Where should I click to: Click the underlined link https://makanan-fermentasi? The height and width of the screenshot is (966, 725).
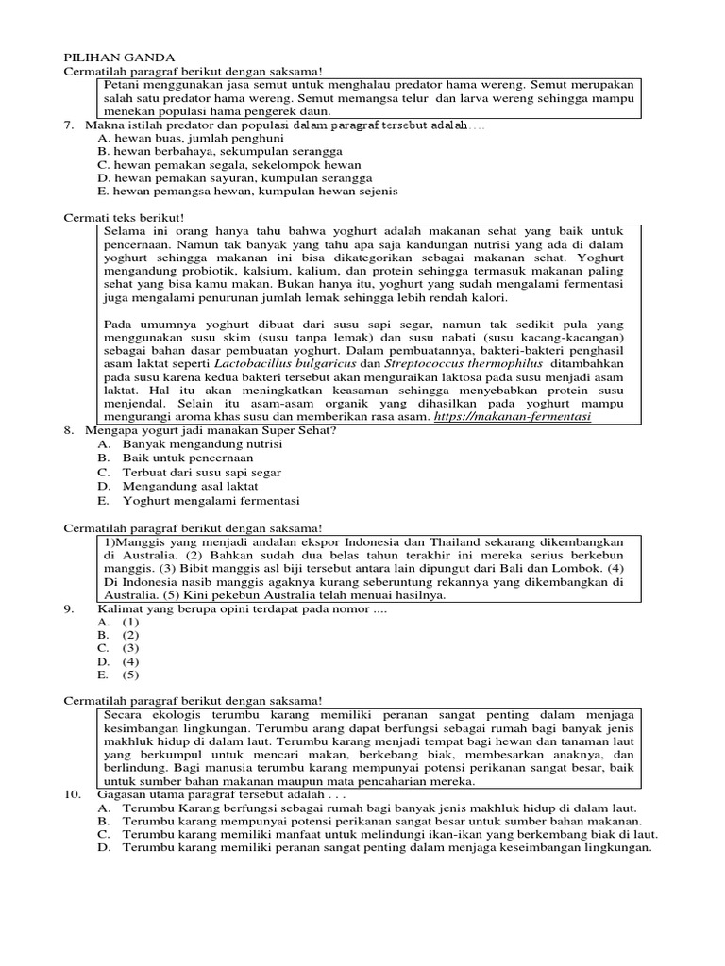513,416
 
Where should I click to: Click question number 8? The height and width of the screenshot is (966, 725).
68,430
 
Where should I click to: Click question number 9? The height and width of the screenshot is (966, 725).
68,608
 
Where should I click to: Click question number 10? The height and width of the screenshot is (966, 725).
71,795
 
